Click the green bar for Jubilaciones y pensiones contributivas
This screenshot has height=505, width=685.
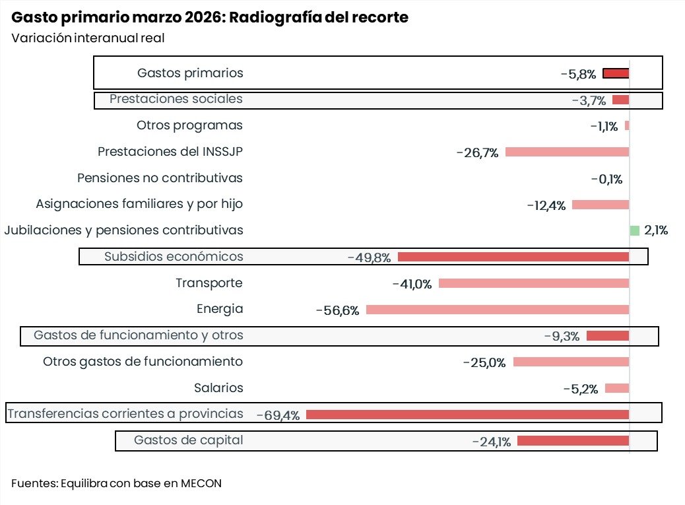[634, 230]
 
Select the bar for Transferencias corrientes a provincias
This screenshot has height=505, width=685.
[467, 415]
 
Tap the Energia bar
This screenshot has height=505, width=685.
[498, 310]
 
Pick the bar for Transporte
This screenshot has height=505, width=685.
[534, 283]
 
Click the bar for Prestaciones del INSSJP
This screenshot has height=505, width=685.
[567, 152]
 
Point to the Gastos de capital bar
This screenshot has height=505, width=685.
[573, 441]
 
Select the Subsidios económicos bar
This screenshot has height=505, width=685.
[513, 257]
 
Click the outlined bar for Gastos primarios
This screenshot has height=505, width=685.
[616, 73]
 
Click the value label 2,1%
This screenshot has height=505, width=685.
[656, 230]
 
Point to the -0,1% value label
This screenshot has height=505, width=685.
[606, 179]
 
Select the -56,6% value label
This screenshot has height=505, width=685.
[337, 310]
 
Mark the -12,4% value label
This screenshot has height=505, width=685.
[546, 205]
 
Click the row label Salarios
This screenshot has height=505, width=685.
[218, 388]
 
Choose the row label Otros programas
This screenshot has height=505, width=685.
[189, 125]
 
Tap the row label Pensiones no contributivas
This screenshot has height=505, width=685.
[160, 178]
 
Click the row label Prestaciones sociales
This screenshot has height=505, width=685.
[176, 99]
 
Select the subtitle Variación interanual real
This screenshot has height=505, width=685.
[88, 38]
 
